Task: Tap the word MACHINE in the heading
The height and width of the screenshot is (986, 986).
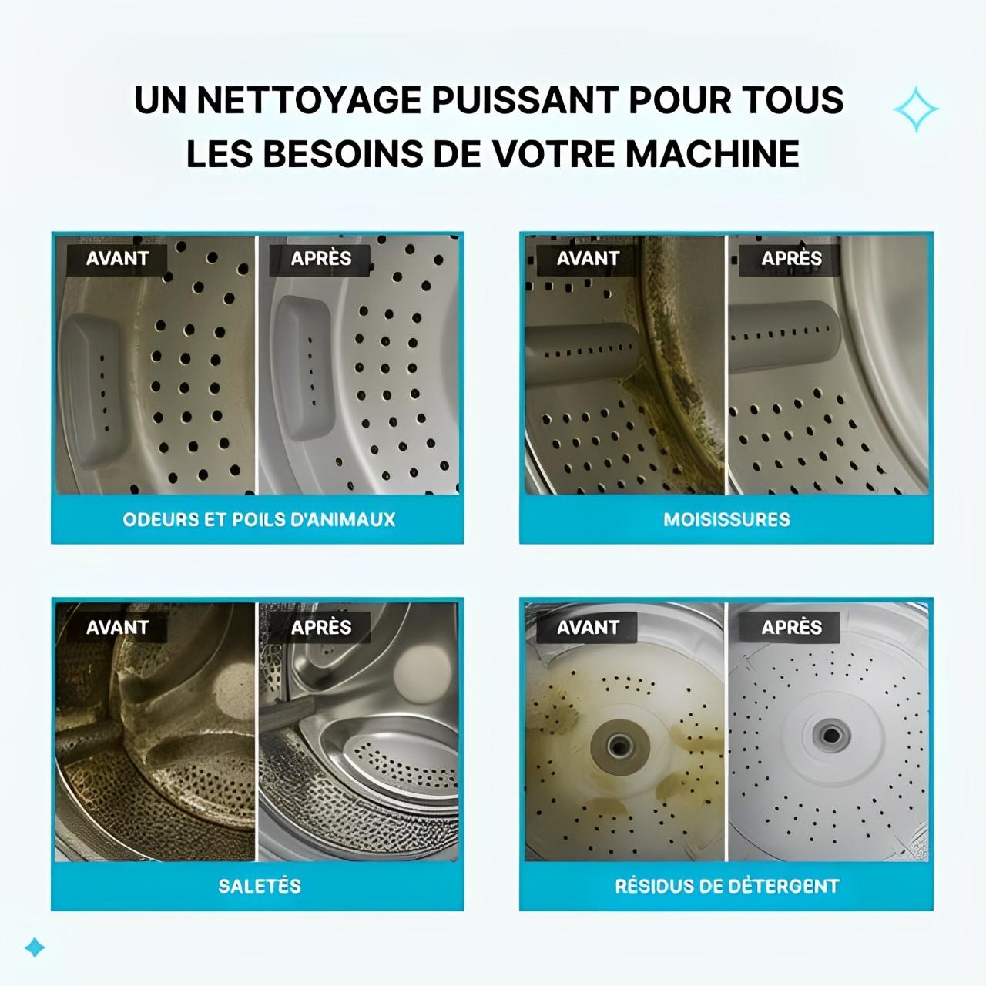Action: click(712, 153)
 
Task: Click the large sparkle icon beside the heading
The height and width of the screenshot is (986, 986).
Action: click(916, 109)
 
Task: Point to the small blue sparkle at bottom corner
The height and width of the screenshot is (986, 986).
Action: click(35, 947)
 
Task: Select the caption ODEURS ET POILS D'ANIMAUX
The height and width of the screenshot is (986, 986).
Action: click(259, 519)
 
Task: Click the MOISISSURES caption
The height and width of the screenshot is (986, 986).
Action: click(726, 519)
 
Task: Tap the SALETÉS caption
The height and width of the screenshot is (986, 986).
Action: click(259, 886)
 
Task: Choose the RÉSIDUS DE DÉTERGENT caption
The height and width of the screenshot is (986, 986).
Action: click(726, 886)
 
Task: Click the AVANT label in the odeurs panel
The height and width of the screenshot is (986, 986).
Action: click(117, 259)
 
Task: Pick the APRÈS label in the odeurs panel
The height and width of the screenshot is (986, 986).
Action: click(320, 259)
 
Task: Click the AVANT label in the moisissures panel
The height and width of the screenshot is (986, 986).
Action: click(588, 259)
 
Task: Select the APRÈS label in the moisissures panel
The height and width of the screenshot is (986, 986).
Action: click(791, 259)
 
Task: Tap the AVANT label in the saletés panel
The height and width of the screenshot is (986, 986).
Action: click(117, 627)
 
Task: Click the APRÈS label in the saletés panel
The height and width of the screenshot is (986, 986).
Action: click(320, 627)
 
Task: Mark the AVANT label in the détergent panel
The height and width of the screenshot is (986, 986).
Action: click(588, 627)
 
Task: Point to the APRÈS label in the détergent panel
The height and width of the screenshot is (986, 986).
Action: click(791, 627)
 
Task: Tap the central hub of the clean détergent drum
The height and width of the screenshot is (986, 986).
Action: click(829, 733)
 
